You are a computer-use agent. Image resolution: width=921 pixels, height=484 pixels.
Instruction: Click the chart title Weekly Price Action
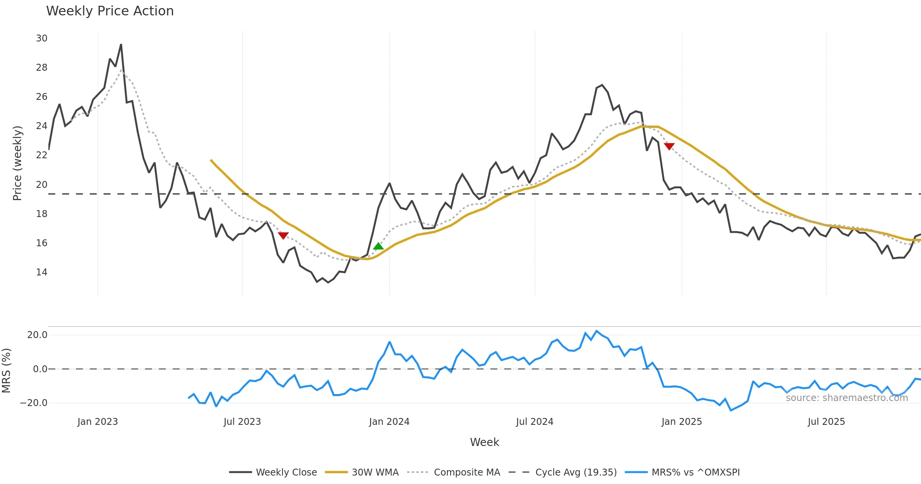click(x=110, y=11)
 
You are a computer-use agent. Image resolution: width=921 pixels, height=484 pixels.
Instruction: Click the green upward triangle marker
click(x=378, y=246)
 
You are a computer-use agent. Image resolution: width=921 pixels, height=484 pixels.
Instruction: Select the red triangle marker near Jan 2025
click(x=669, y=146)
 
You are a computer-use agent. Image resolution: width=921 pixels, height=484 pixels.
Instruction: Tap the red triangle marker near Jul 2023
click(x=283, y=235)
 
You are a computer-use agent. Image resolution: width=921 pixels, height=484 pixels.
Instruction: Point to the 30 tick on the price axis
click(x=42, y=38)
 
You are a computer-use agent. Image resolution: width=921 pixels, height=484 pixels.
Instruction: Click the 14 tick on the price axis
click(x=42, y=272)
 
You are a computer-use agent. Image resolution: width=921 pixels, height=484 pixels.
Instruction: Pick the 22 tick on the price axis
click(x=42, y=155)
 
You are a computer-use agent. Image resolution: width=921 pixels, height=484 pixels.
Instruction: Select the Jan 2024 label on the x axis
click(x=389, y=422)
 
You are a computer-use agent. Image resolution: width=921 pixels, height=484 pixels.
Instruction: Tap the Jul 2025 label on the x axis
click(x=826, y=422)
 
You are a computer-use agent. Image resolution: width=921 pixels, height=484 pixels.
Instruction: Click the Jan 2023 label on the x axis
click(x=97, y=422)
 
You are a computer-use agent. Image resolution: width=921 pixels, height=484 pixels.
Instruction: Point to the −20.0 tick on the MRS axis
click(x=34, y=403)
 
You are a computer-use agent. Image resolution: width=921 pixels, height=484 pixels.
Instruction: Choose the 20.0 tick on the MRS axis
click(x=37, y=335)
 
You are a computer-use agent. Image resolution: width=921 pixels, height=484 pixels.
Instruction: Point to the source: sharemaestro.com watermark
click(x=847, y=398)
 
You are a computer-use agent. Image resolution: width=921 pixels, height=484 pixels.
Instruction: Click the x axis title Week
click(x=484, y=442)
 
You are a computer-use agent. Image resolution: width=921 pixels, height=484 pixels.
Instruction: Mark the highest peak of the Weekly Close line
click(x=121, y=45)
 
